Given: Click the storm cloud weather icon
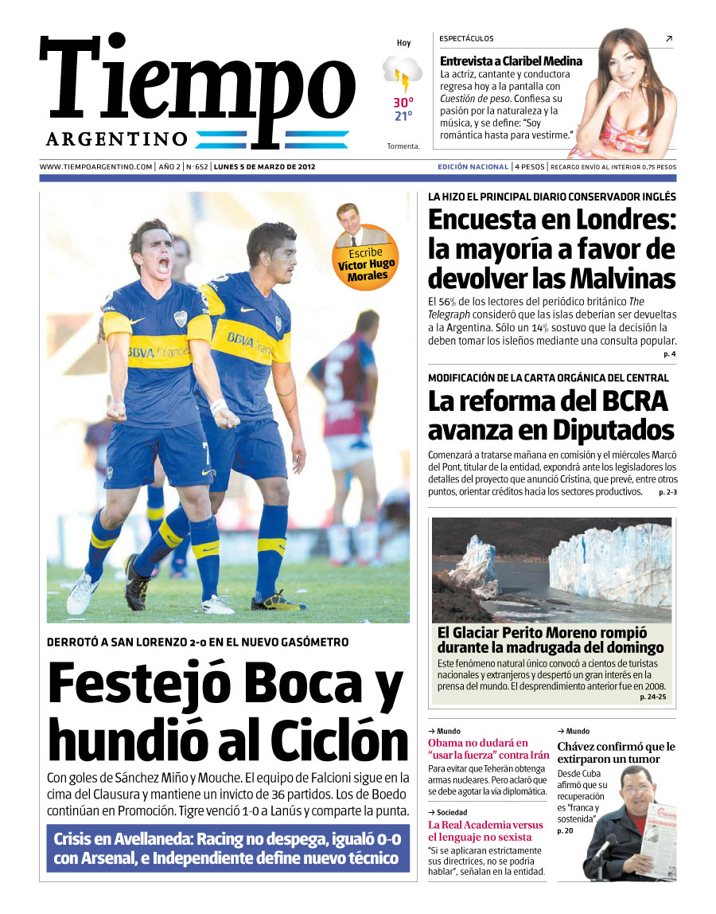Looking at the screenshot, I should tap(403, 73).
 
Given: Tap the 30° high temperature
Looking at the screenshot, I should tap(403, 103).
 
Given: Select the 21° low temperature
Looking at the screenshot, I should tap(403, 116).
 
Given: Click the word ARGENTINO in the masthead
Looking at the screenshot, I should tap(117, 139).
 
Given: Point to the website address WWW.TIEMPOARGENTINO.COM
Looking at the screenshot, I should tap(95, 167).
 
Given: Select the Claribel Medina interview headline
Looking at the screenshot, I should tap(511, 61).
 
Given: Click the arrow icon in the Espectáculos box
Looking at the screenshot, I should tap(668, 38).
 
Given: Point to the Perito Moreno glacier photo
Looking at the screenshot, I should tap(551, 569).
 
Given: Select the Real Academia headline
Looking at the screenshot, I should tap(485, 831).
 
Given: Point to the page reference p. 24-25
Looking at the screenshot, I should tap(653, 697).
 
